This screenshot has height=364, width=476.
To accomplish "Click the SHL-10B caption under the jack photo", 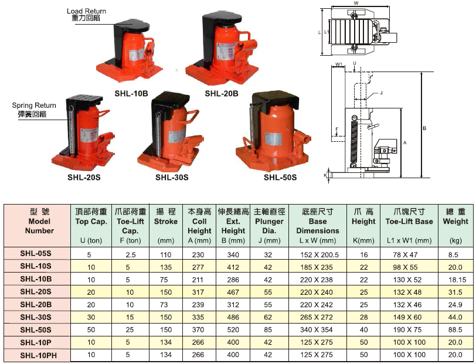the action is coord(131,94).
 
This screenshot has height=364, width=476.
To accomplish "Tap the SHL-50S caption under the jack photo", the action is coord(280,177).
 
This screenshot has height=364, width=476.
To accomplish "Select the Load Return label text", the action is coord(87,11).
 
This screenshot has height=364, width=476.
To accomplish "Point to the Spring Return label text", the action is coord(34,106).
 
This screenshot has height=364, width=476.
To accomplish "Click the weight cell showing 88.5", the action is coord(455,329).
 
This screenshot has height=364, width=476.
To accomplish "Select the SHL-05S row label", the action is coord(36,253).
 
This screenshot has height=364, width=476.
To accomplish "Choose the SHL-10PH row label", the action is coord(38,355).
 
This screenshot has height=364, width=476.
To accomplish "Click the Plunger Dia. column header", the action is coord(269,226).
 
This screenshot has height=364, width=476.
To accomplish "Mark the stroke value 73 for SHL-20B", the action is coord(164,304).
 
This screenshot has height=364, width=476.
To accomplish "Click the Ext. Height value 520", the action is coord(233,329).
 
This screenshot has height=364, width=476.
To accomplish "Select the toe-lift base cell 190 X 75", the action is coord(407,329).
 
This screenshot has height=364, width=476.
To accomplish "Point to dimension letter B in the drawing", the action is coord(424,128).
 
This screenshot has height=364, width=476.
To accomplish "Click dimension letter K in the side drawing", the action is coord(325,175).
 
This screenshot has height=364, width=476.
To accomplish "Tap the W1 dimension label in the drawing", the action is coord(339,64).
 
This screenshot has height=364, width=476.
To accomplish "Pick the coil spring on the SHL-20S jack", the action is coord(72,131).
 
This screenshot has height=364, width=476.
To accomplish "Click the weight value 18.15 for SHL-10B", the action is coord(457,280).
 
